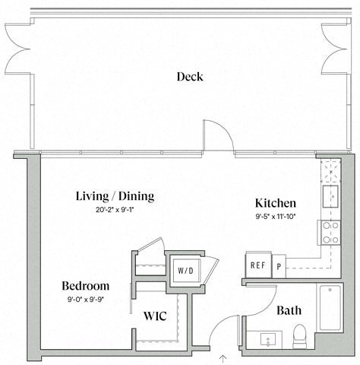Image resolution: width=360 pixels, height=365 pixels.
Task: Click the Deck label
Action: (190, 77)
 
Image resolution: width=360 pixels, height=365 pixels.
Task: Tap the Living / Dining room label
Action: (115, 196)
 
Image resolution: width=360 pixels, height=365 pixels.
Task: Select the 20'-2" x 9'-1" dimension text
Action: (115, 210)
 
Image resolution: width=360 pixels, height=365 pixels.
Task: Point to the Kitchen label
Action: (276, 203)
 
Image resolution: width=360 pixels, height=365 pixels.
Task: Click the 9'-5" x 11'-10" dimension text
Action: (276, 217)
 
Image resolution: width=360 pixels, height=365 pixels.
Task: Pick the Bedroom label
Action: (86, 286)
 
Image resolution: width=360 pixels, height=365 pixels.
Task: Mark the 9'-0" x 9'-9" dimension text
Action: (86, 300)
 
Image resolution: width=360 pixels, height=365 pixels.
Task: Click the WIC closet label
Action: (155, 316)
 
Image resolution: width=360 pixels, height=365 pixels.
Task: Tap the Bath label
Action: (289, 310)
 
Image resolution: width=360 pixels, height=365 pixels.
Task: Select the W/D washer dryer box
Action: (186, 271)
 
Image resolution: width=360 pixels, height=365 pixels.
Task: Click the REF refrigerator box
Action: (258, 265)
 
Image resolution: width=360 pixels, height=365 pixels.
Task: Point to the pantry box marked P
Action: (279, 266)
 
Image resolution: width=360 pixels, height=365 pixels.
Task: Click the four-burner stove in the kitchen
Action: (331, 233)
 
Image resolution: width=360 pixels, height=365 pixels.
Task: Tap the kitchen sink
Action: (330, 197)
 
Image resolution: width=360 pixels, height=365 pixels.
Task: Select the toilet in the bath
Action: (300, 336)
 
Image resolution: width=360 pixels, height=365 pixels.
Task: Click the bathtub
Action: (330, 308)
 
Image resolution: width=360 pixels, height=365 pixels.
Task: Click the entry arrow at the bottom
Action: (223, 359)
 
